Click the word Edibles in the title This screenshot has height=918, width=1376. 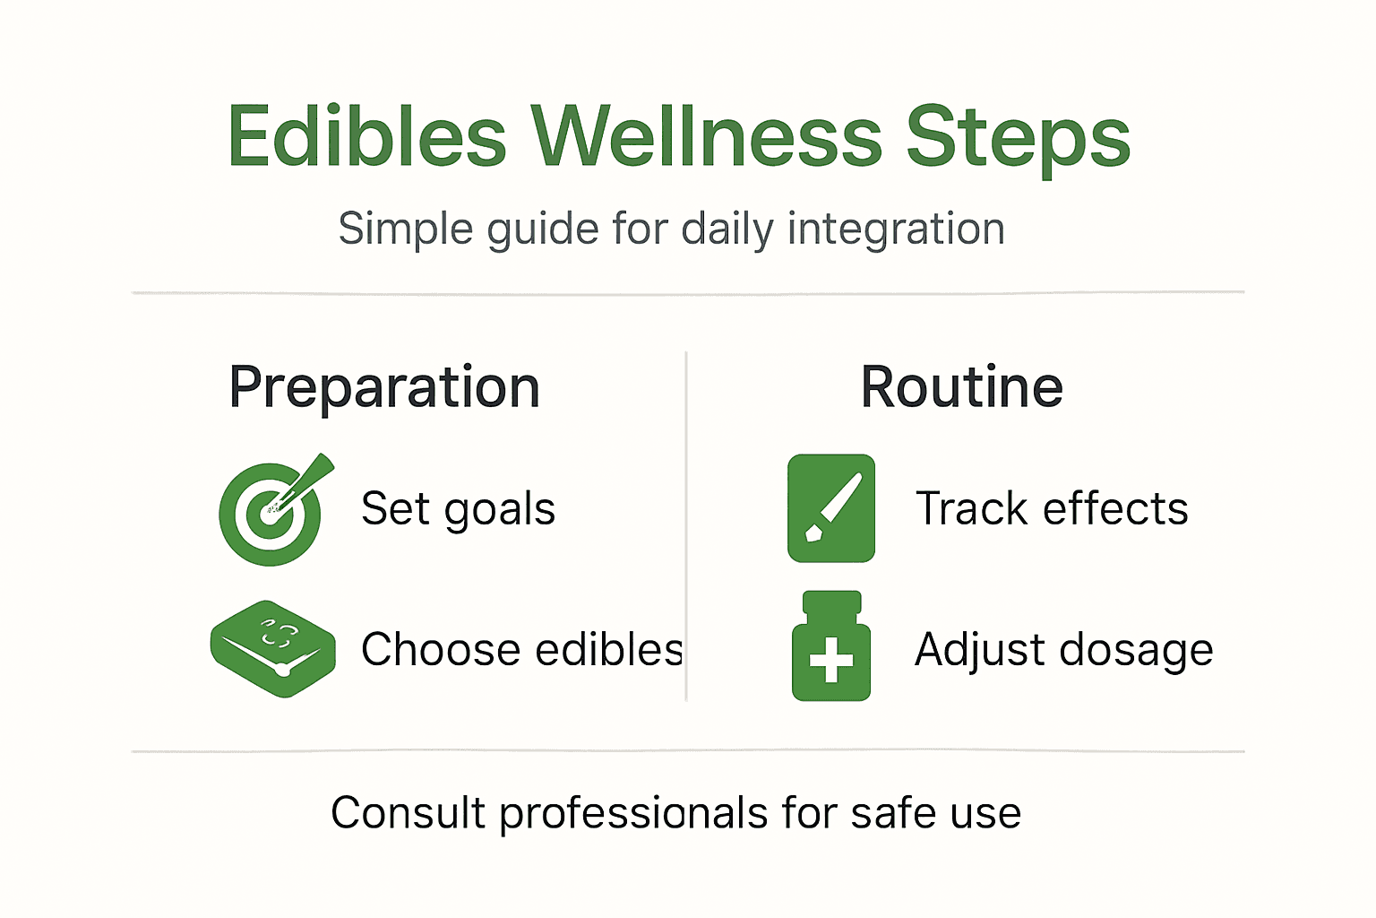[x=367, y=137]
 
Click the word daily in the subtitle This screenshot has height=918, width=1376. [x=727, y=229]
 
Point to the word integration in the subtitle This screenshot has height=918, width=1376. [x=896, y=229]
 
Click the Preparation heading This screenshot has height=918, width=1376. [x=384, y=387]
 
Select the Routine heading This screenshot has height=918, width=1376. [x=961, y=387]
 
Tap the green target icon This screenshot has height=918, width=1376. [x=271, y=514]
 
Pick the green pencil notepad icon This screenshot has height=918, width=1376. [x=830, y=508]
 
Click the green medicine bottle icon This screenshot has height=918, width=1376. [x=830, y=647]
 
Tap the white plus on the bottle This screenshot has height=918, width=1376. [x=830, y=661]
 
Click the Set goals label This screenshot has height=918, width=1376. [x=458, y=509]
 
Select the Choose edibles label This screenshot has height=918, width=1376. [x=521, y=650]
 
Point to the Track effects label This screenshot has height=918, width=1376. [x=1051, y=509]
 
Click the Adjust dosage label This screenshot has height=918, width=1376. [x=1063, y=650]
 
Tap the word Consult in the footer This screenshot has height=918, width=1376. [x=408, y=813]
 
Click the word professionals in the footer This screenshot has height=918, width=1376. [x=633, y=814]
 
